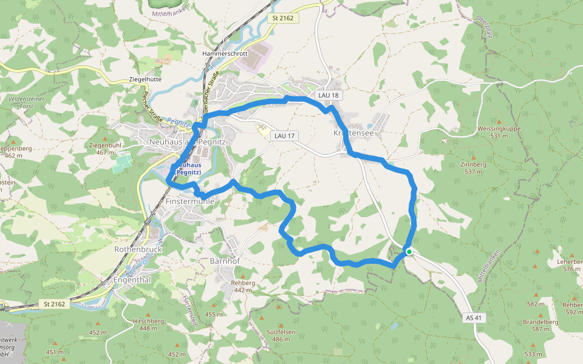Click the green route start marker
[409, 252]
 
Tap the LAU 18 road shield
[328, 96]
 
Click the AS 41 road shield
[475, 317]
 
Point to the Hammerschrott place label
[225, 53]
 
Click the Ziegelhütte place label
[145, 79]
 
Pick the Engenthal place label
[132, 280]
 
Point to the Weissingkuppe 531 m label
[499, 132]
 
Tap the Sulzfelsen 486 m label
[281, 335]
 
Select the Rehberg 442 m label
[243, 286]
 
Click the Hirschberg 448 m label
[148, 325]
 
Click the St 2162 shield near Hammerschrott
[282, 18]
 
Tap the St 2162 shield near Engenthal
[55, 303]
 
